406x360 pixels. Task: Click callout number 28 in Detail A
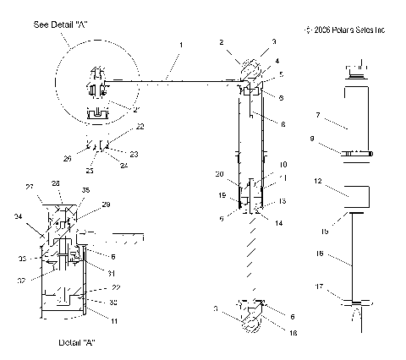56,183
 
